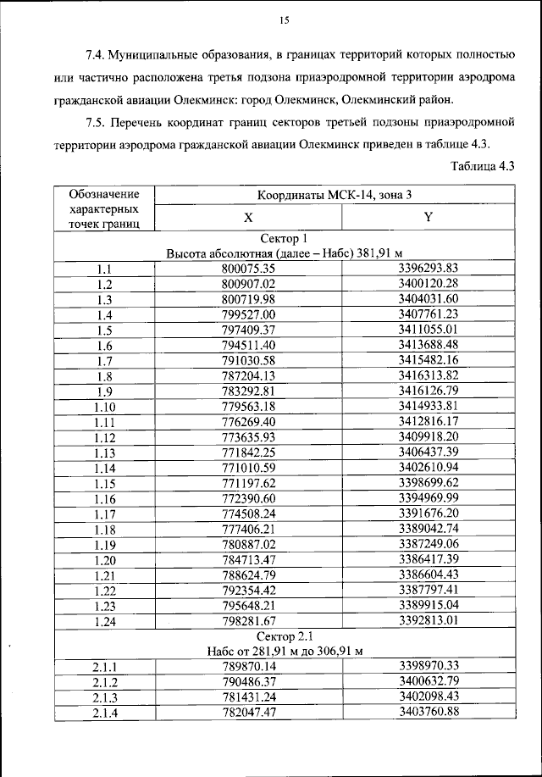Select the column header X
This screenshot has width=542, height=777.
tap(248, 217)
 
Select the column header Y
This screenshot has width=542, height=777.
tap(428, 217)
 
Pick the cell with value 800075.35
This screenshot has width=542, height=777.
tap(249, 269)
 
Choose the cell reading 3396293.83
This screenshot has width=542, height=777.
tap(428, 269)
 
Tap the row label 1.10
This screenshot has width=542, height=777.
tap(105, 406)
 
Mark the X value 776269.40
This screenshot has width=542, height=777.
tap(249, 421)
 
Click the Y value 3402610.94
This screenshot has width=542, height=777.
tap(428, 467)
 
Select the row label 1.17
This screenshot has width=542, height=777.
tap(105, 513)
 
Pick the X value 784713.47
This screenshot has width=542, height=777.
tap(249, 558)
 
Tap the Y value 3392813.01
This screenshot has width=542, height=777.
tap(428, 619)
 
